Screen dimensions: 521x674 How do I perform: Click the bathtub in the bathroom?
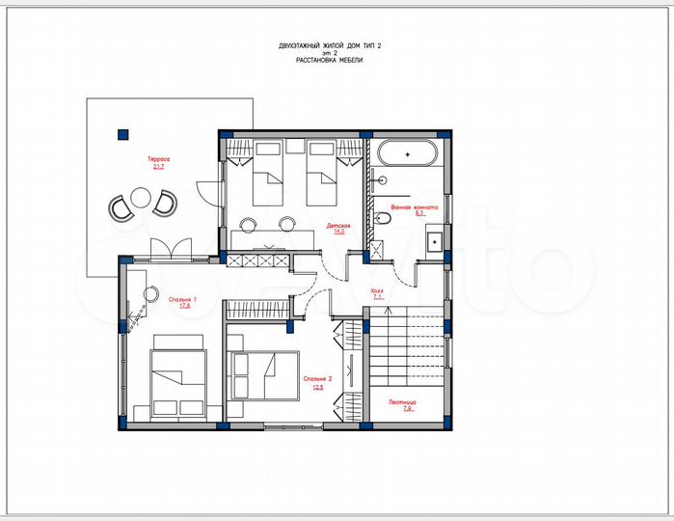coord(405,153)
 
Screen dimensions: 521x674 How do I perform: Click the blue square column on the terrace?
coord(122,135)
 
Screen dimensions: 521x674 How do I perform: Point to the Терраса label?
coord(158,159)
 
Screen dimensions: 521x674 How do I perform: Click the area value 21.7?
coord(158,167)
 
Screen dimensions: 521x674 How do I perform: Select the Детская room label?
coord(337,225)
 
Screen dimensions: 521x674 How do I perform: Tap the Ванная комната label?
coord(416,206)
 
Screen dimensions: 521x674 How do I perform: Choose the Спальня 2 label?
coord(317,379)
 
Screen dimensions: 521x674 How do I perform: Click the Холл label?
coord(377,289)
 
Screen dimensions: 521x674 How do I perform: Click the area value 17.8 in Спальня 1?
coord(182,307)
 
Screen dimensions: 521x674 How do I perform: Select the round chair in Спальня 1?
coord(150,293)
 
